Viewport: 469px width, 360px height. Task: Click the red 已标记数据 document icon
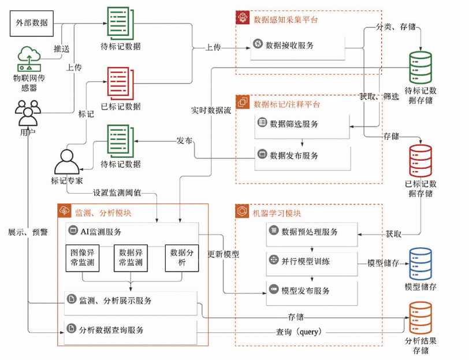pyautogui.click(x=120, y=84)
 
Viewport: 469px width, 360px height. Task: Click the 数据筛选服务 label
pyautogui.click(x=295, y=124)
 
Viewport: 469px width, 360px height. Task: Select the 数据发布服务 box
pyautogui.click(x=303, y=156)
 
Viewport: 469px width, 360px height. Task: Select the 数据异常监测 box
pyautogui.click(x=131, y=258)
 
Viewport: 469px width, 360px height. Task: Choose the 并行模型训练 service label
pyautogui.click(x=306, y=261)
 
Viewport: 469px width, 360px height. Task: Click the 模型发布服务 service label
pyautogui.click(x=306, y=291)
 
